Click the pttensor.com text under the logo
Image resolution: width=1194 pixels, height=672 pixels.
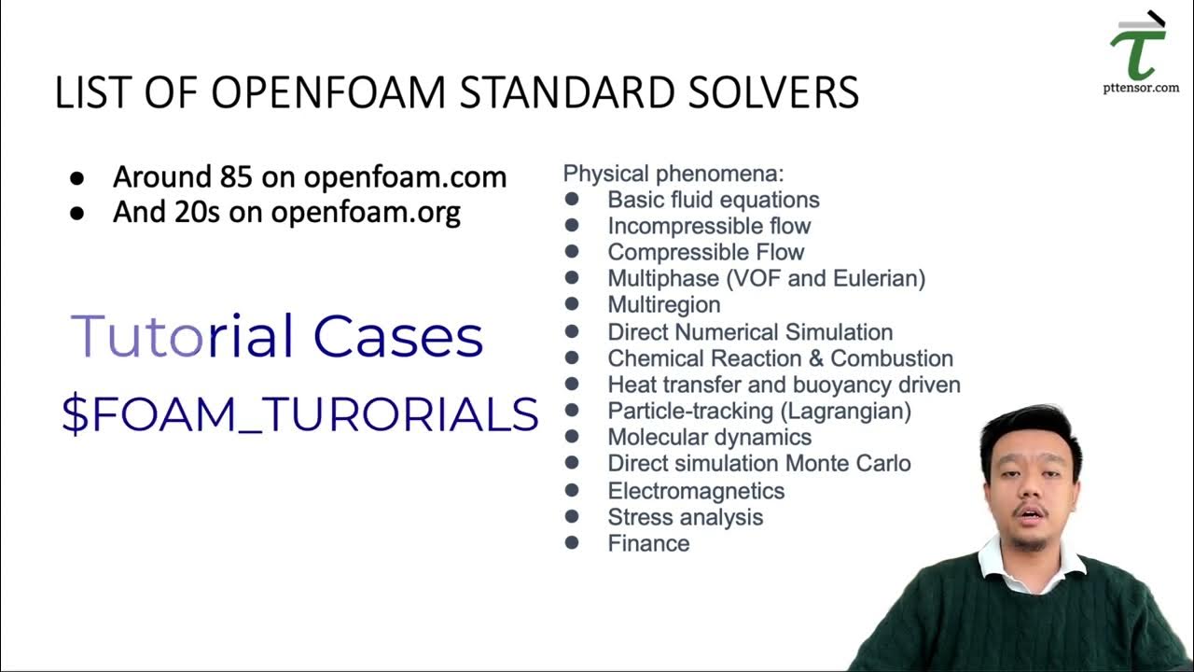tap(1140, 88)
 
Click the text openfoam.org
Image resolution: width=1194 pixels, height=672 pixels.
tap(366, 212)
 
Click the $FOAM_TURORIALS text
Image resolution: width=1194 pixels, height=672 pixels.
tap(299, 413)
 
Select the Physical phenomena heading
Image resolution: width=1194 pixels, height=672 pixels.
tap(673, 173)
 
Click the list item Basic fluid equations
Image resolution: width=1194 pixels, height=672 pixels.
tap(713, 200)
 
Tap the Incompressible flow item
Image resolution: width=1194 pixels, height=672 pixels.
tap(709, 226)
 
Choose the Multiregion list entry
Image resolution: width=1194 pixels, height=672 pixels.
tap(663, 305)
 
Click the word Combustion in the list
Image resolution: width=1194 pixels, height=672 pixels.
tap(892, 358)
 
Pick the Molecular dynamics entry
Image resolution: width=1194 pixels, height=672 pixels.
tap(709, 437)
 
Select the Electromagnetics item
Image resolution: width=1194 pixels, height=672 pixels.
tap(696, 491)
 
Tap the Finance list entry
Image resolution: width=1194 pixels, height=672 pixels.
tap(648, 543)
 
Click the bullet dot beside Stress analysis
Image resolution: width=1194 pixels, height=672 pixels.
tap(572, 516)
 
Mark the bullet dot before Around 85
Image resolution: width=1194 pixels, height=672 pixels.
tap(77, 177)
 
